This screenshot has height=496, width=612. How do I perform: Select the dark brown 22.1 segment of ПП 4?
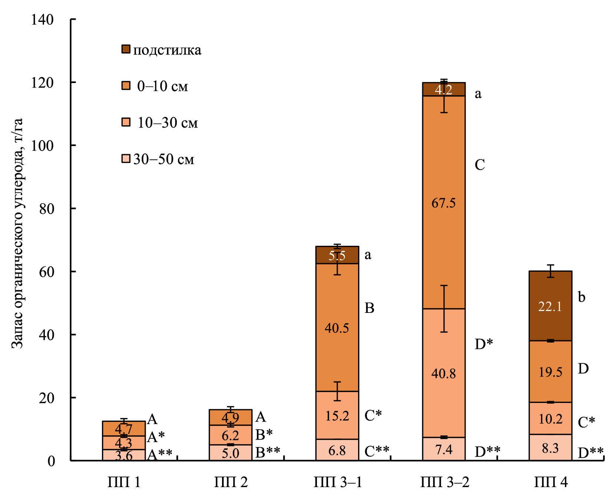pos(550,306)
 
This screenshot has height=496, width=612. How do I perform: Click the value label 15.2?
pos(337,416)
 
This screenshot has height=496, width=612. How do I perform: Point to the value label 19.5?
pos(550,372)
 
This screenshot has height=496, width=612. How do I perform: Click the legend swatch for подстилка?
pos(126,49)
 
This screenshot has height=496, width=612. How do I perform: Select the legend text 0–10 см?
pos(162,86)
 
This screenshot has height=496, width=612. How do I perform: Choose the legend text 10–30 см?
pos(168,123)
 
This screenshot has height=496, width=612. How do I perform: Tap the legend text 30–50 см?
pos(163,159)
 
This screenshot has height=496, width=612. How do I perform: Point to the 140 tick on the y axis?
pos(42,20)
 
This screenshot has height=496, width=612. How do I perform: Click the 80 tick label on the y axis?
pos(46,209)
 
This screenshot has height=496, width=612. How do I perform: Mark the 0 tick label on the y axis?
pos(51,461)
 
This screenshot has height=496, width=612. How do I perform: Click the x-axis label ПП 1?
pos(124,482)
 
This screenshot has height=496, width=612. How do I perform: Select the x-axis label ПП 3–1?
pos(337,482)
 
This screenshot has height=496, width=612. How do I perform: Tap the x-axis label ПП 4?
pos(550,482)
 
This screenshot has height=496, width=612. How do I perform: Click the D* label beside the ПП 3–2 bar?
pos(484,344)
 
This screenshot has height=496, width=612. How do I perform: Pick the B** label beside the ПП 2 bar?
pos(268,452)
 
